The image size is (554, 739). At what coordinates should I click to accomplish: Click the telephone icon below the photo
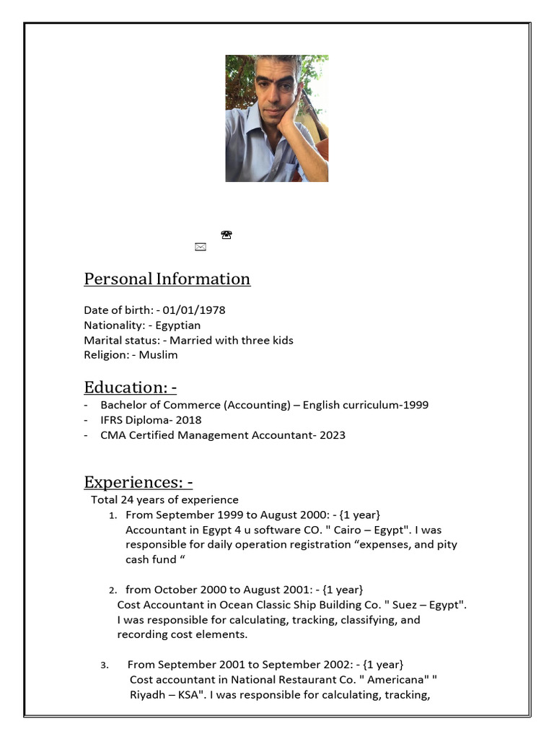click(227, 235)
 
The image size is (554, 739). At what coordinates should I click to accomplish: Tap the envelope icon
click(201, 247)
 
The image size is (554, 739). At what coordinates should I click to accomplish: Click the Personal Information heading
click(167, 279)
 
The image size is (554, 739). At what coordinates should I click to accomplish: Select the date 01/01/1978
click(193, 310)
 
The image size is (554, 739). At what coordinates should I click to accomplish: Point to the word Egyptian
click(178, 325)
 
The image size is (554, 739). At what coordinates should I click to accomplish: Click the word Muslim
click(158, 355)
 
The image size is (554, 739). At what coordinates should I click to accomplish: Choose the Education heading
click(130, 388)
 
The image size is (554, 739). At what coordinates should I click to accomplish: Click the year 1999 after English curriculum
click(415, 405)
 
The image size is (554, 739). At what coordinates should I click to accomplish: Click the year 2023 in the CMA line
click(331, 435)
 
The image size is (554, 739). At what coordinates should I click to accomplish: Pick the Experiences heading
click(138, 482)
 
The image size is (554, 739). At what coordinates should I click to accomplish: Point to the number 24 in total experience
click(128, 499)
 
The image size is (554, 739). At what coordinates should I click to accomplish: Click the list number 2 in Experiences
click(113, 590)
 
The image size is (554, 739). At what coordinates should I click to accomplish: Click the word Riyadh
click(146, 694)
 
